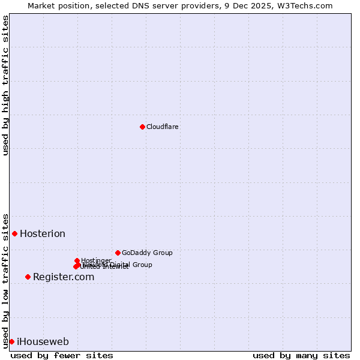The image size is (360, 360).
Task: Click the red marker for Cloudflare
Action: (x=142, y=127)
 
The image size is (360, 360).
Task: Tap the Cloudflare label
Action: (x=163, y=127)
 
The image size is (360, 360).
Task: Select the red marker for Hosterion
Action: (x=15, y=233)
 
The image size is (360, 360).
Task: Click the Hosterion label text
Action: (x=43, y=234)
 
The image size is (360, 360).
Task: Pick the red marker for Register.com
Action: (x=28, y=277)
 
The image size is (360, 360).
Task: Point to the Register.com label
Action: (x=64, y=277)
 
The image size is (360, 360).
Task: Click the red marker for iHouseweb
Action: (x=11, y=341)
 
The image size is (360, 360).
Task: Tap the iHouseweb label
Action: (x=43, y=342)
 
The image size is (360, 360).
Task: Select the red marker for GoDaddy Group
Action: (x=118, y=253)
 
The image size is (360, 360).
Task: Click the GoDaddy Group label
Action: (x=147, y=253)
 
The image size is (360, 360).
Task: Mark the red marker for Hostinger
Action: (x=77, y=260)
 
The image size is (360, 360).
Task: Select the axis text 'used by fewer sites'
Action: (x=62, y=355)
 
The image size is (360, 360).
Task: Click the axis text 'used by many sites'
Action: (x=301, y=355)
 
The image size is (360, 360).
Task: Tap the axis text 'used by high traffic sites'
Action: (x=5, y=85)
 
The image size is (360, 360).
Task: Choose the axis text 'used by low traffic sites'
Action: (x=5, y=280)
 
